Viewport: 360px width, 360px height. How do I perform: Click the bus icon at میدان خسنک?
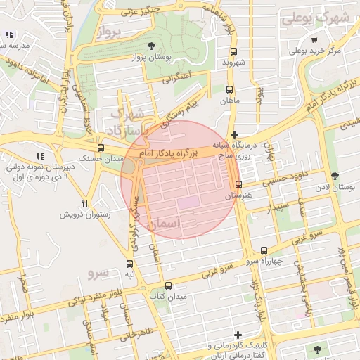[x=101, y=148]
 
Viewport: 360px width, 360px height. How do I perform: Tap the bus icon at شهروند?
[x=234, y=51]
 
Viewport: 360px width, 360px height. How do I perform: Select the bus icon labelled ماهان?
[x=229, y=89]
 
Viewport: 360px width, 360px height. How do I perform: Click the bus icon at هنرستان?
[x=238, y=185]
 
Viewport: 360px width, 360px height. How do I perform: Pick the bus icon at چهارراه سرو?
[x=264, y=250]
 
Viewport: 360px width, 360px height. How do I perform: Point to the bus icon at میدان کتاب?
[x=167, y=285]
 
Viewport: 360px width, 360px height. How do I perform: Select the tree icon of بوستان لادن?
[x=333, y=176]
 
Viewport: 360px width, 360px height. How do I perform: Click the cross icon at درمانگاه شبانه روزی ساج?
[x=234, y=134]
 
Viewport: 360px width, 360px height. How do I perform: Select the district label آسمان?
[x=165, y=223]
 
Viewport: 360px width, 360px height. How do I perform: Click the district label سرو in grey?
[x=98, y=271]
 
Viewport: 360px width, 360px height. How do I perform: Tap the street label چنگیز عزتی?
[x=140, y=10]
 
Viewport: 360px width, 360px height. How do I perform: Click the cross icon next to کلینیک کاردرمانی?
[x=238, y=335]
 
